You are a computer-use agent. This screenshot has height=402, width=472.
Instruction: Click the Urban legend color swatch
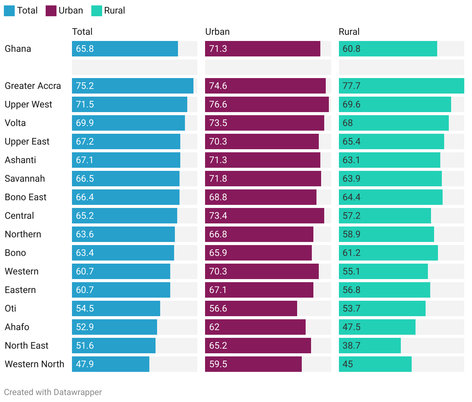click(51, 11)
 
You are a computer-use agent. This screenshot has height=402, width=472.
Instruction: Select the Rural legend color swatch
click(97, 11)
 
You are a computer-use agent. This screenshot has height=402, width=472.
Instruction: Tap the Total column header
click(82, 32)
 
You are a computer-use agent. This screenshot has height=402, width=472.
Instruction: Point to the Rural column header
click(349, 32)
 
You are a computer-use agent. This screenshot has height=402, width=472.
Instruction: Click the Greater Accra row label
click(33, 86)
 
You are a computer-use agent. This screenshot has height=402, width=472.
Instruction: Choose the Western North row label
click(34, 364)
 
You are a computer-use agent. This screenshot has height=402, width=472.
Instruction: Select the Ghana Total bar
click(125, 49)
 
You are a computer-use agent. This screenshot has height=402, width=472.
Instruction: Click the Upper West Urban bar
click(267, 104)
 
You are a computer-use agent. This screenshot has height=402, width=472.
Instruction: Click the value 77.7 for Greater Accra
click(351, 86)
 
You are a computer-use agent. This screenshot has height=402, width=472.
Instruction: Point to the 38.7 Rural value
click(351, 346)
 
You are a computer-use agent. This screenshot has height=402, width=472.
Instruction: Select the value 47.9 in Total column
click(85, 364)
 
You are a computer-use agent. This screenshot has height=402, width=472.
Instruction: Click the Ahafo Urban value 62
click(214, 327)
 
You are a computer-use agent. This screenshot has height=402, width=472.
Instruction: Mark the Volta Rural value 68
click(347, 123)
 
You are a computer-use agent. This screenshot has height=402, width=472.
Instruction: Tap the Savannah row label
click(25, 179)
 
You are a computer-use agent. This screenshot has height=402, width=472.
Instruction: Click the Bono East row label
click(26, 197)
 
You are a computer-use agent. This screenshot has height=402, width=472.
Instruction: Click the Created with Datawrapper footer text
click(53, 392)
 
